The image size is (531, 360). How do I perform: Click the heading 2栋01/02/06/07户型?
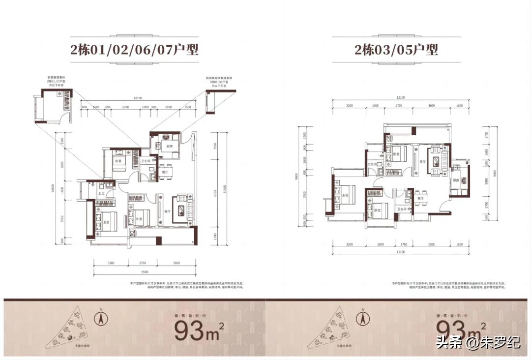[134, 50]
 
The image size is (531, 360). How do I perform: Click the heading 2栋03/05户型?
[396, 50]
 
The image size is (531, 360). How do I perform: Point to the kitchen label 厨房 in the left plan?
[170, 147]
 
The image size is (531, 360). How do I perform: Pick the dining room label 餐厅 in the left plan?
[165, 173]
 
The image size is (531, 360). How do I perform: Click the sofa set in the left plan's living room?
[183, 210]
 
